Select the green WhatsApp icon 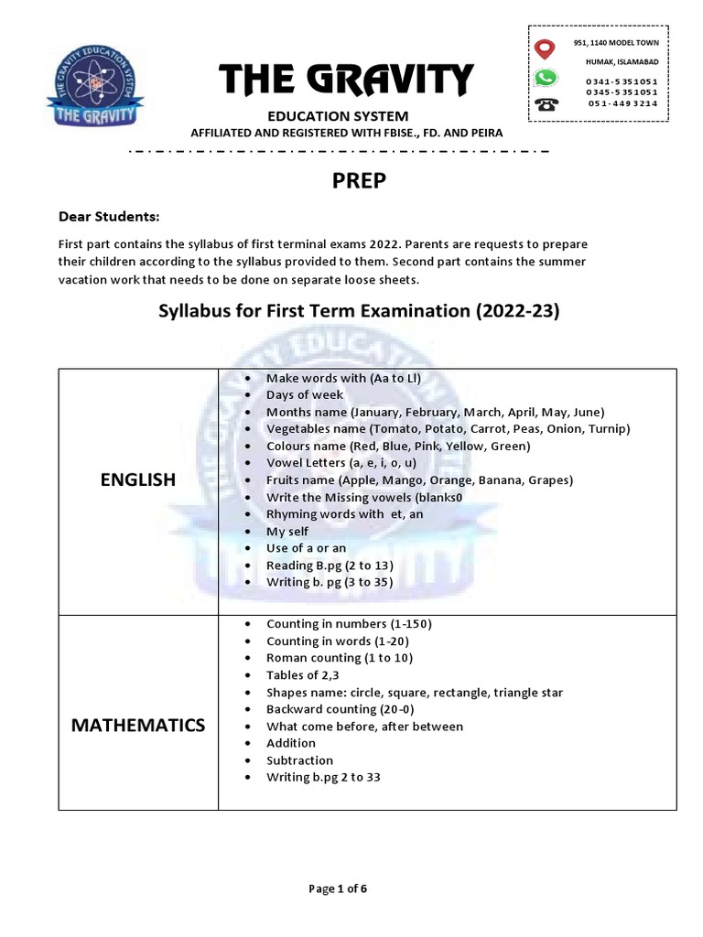[546, 78]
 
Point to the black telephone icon [547, 103]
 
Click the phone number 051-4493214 [622, 103]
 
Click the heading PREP [359, 181]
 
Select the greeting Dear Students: [109, 217]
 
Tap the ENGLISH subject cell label [138, 480]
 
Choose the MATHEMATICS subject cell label [138, 726]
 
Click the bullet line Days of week [305, 394]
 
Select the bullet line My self [287, 532]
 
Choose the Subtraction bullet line [299, 760]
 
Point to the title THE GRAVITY [346, 81]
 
